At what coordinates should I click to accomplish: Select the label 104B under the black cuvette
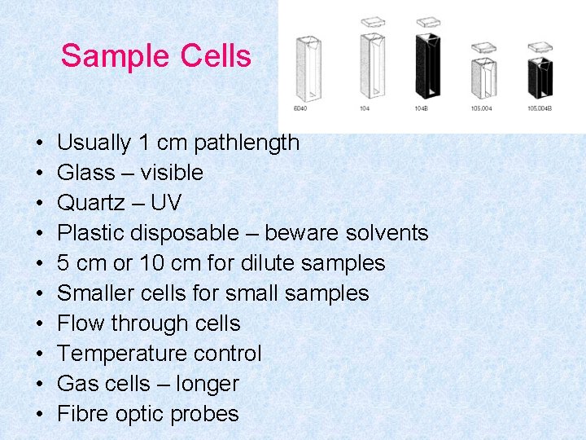click(x=422, y=108)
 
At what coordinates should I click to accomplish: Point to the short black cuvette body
click(x=539, y=75)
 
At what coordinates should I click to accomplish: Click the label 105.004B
click(x=539, y=108)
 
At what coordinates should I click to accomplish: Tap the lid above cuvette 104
click(x=372, y=22)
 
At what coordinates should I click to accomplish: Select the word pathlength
click(x=247, y=143)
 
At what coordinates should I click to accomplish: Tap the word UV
click(x=166, y=203)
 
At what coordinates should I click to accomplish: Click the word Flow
click(x=81, y=323)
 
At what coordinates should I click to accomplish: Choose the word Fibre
click(x=81, y=414)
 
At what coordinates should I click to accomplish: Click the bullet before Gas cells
click(x=40, y=384)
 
